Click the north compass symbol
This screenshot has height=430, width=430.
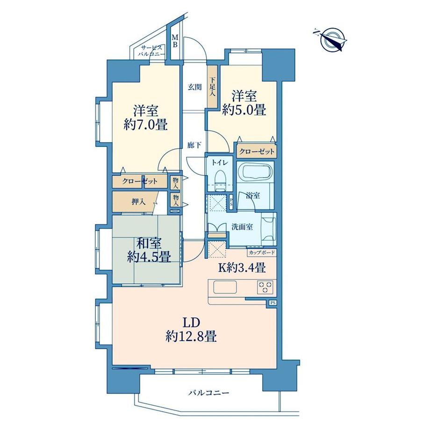tap(331, 40)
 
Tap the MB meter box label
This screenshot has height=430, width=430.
tap(175, 40)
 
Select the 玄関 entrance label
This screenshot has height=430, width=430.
tap(195, 87)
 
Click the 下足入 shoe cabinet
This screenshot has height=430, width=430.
tap(213, 86)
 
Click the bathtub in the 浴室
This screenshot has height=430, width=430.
tap(255, 172)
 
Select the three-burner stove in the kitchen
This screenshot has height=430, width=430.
tap(265, 287)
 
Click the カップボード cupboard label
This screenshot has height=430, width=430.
tap(262, 252)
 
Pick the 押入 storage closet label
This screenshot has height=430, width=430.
tap(138, 202)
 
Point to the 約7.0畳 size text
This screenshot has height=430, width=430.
tap(145, 125)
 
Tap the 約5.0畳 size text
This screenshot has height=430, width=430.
tap(244, 110)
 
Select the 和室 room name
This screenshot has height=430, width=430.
tap(149, 243)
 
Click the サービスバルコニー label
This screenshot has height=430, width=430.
tap(151, 51)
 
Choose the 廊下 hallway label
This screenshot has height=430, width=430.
tap(194, 145)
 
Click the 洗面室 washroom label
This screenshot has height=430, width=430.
tap(242, 227)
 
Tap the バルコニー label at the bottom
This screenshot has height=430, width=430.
tap(208, 393)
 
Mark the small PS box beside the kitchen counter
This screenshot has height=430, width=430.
tap(272, 303)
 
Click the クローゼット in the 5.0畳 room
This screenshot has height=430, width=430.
tap(257, 151)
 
